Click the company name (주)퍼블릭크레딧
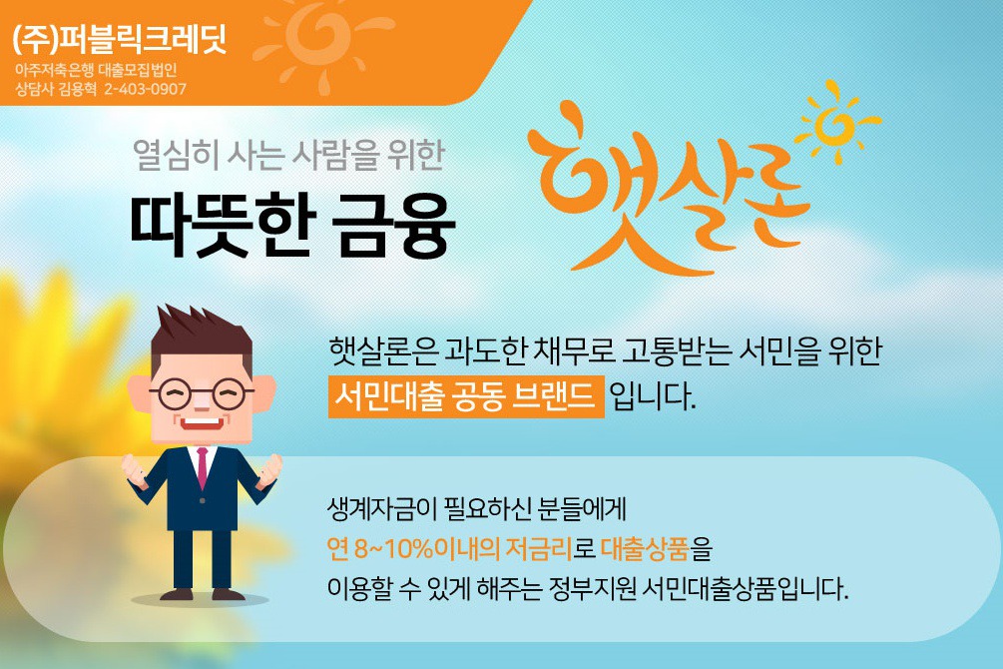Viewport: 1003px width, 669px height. click(x=120, y=39)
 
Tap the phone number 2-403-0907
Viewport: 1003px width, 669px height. click(x=145, y=89)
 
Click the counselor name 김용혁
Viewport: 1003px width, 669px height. click(x=77, y=89)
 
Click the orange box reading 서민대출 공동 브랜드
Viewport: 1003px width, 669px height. click(x=466, y=397)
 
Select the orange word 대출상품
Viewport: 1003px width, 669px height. click(x=645, y=548)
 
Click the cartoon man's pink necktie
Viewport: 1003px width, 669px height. click(x=203, y=467)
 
